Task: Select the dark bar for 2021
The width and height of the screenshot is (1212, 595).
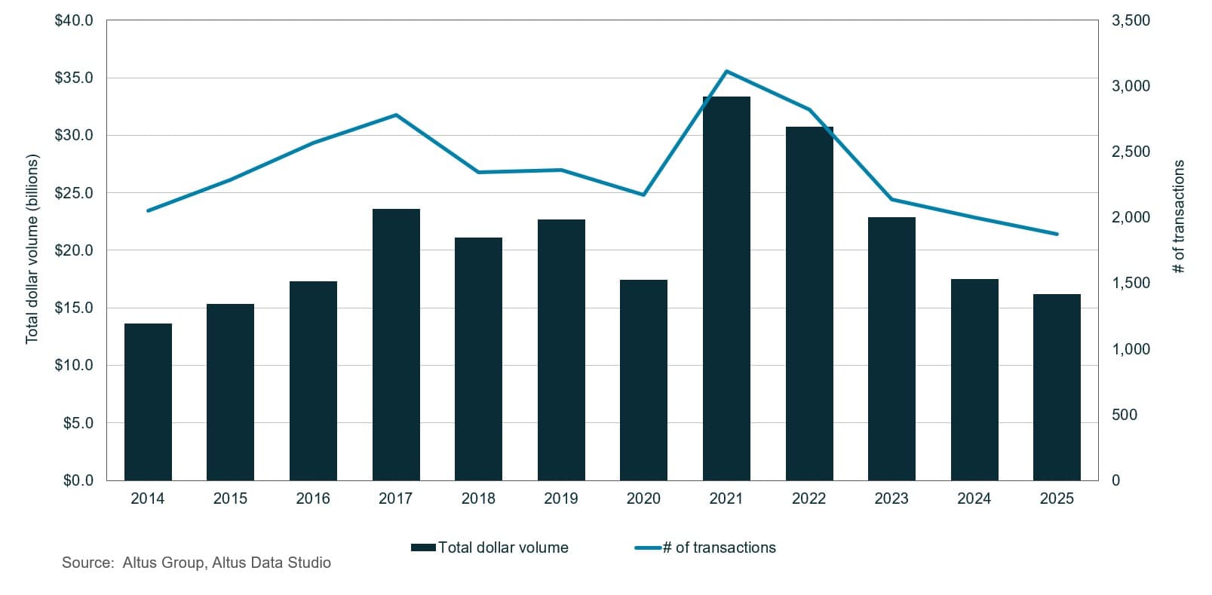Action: coord(726,288)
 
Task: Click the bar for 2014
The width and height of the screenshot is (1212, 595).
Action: coord(148,401)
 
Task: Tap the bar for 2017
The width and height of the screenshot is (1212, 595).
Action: coord(396,344)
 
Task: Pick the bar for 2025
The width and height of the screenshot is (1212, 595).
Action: coord(1057,387)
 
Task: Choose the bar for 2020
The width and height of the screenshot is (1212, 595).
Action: coord(643,379)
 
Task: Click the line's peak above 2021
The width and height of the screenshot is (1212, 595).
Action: coord(726,72)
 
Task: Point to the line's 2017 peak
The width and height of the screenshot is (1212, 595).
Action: coord(396,115)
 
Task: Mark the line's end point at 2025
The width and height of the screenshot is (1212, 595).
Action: coord(1057,234)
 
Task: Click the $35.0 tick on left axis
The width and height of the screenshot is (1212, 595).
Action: coord(74,78)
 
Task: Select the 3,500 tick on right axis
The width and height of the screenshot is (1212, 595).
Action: coord(1131,20)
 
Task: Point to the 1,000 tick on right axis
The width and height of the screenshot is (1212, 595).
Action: coord(1131,349)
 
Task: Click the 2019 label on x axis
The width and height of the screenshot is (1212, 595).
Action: coord(560,498)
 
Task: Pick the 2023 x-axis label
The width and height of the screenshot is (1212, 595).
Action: coord(891,498)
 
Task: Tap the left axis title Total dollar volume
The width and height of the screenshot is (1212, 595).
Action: coord(32,250)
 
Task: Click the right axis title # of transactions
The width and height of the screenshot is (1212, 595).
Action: coord(1179,216)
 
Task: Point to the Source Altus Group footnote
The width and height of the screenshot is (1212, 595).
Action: coord(196,563)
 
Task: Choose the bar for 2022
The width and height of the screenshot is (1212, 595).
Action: coord(809,303)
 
